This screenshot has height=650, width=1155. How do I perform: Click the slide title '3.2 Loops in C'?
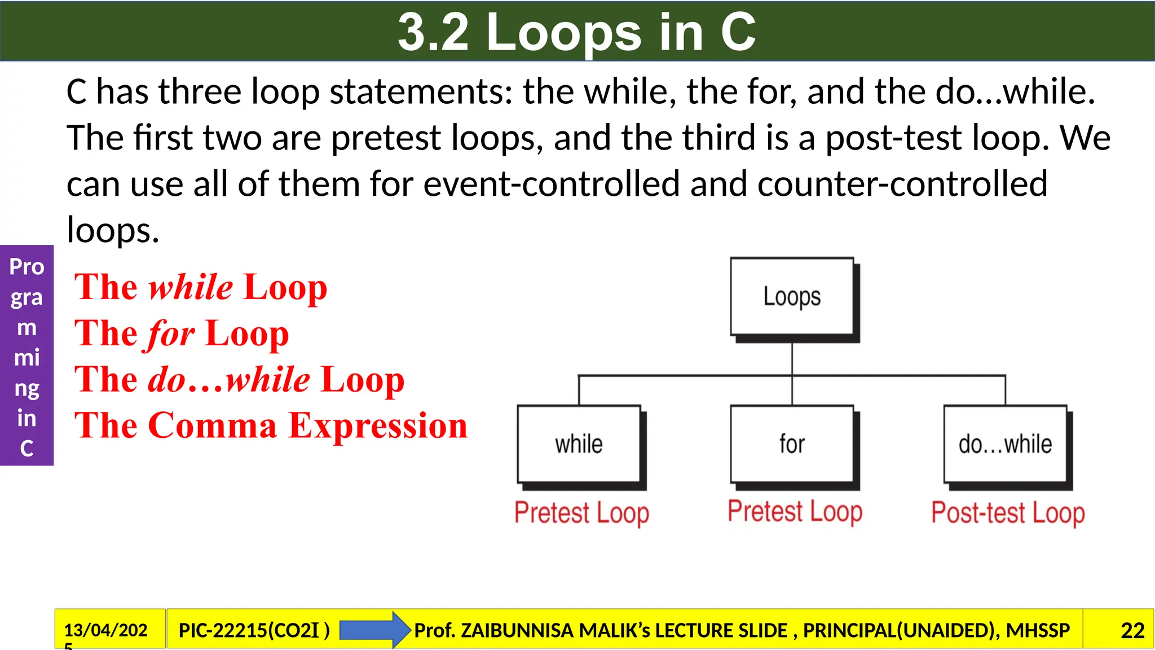point(576,32)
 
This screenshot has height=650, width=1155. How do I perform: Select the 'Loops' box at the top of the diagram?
point(792,297)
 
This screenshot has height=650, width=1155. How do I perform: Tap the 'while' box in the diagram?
point(579,444)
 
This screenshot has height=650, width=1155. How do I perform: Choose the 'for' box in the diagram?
point(792,444)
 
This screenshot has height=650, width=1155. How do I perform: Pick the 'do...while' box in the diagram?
point(1005,444)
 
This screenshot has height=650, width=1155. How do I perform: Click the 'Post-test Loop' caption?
point(1008,512)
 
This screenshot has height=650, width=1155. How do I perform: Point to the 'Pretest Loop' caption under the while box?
point(581,512)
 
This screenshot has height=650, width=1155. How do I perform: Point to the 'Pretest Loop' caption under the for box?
point(795,511)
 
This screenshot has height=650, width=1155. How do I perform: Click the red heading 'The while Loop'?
point(201,287)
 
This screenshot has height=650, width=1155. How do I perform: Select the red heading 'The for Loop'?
point(182,333)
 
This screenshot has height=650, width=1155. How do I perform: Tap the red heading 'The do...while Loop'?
point(240,379)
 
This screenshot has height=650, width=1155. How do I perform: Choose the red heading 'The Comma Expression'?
point(271,425)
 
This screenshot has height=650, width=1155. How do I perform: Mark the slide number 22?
point(1132,630)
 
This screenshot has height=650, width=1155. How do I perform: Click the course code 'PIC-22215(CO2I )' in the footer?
point(254,630)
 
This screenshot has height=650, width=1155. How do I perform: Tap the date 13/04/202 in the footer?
point(106,630)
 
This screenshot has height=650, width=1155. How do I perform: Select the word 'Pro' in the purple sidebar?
point(27,266)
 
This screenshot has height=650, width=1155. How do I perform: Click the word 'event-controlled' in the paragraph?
point(551,184)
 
